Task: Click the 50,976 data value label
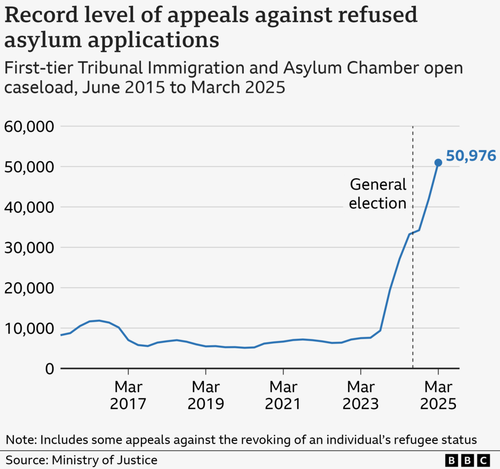point(471,156)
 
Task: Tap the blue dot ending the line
point(438,162)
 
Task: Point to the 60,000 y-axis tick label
point(29,127)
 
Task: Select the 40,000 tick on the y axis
point(29,208)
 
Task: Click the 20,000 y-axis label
point(29,288)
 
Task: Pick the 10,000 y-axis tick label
point(29,329)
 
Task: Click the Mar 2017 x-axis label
point(128,395)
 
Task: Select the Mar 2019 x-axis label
point(205,395)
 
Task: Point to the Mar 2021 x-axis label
point(283,395)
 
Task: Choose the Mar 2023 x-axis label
point(361,395)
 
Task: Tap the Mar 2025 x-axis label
point(438,395)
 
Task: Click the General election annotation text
point(378,194)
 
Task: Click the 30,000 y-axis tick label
point(29,248)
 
